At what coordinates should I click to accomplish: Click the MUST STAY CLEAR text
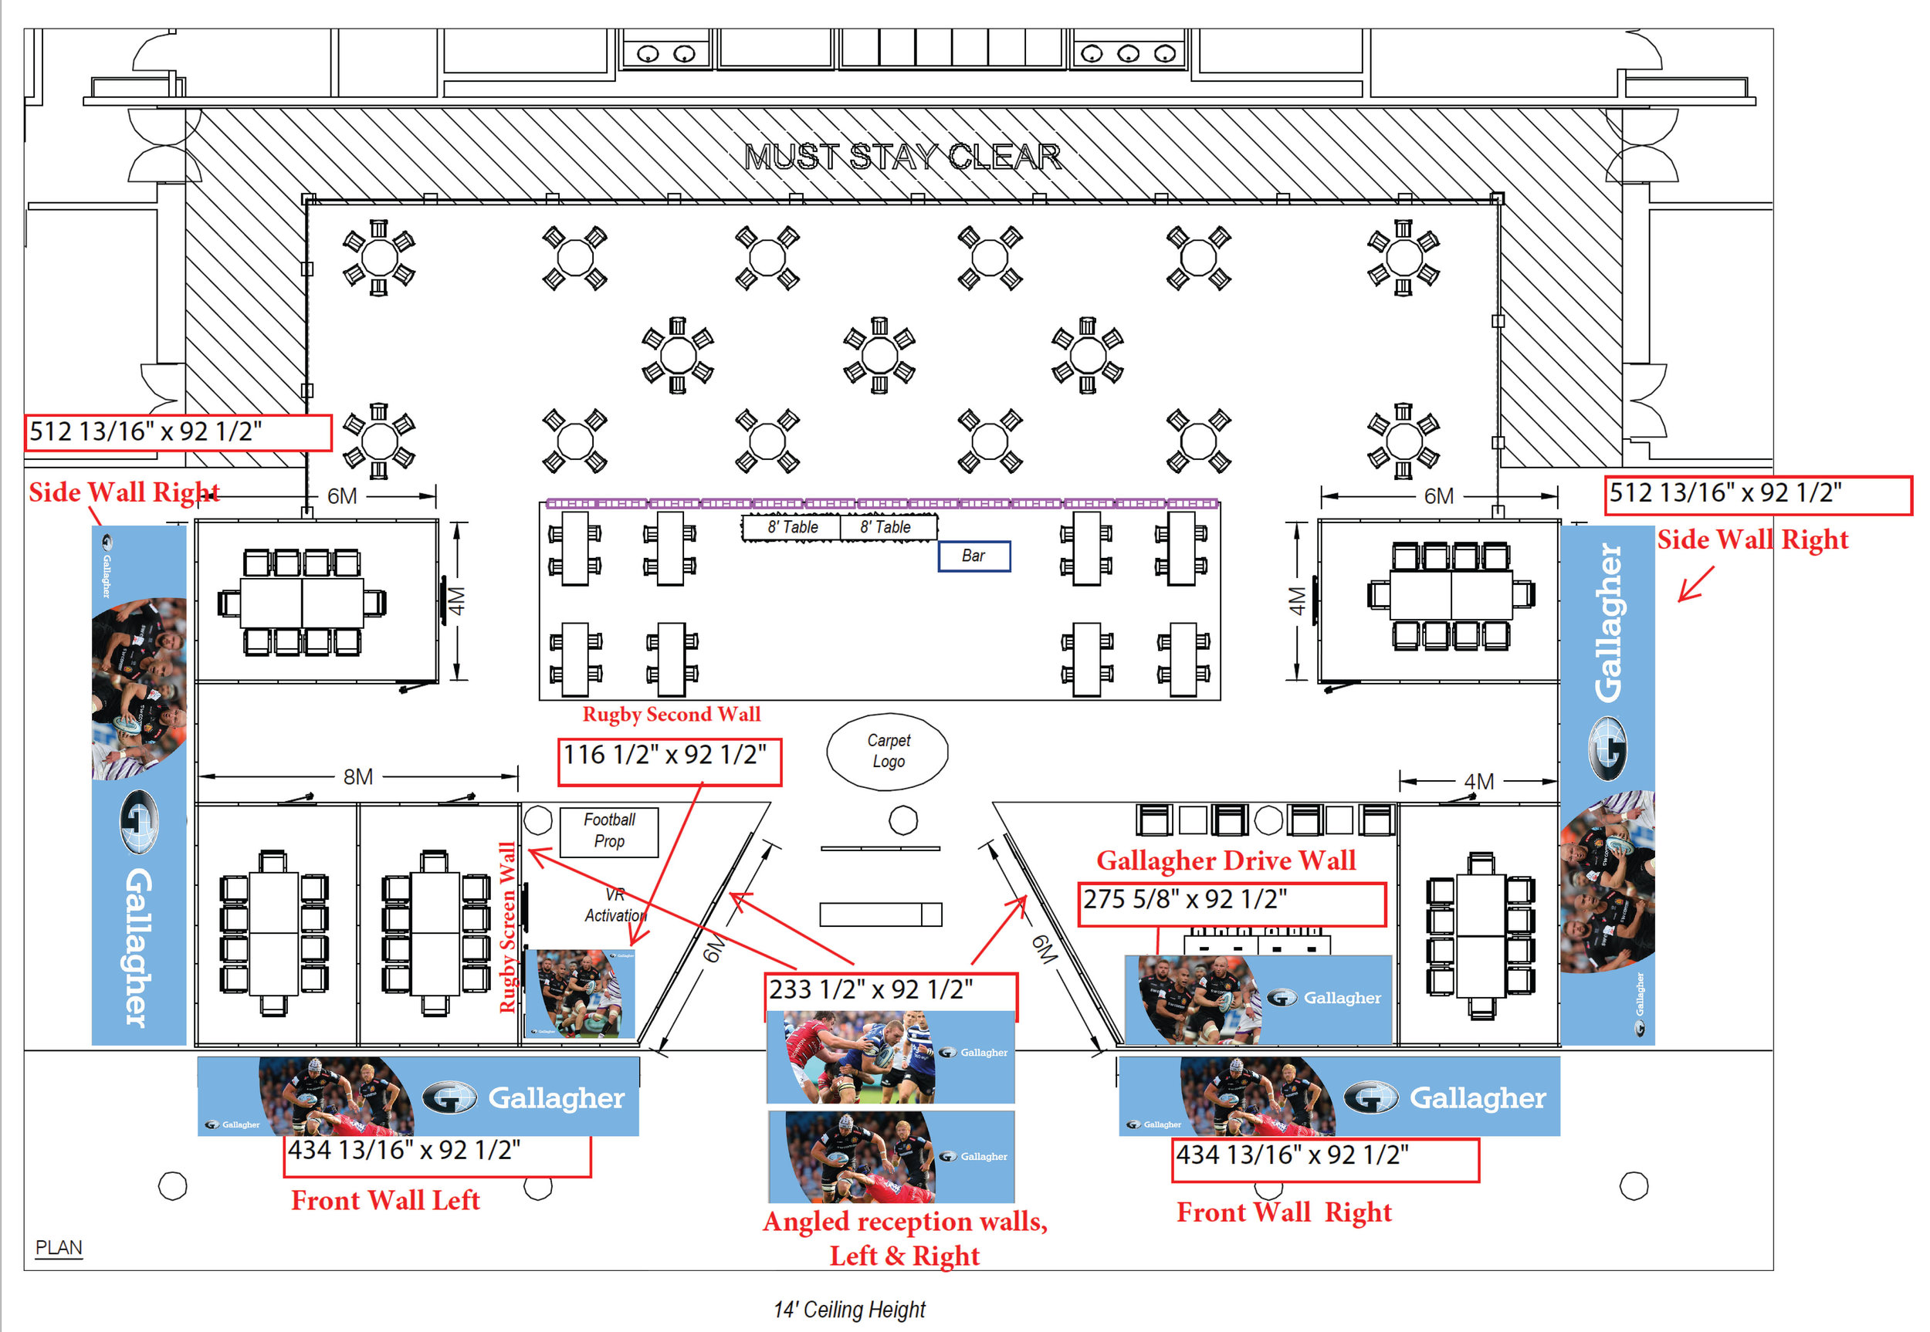(902, 157)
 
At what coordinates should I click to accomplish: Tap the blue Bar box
(973, 556)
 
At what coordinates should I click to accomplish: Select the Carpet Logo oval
(887, 751)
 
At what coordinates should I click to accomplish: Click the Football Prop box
(608, 831)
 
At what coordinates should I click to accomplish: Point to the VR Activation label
(615, 905)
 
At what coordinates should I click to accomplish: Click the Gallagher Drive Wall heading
(1225, 860)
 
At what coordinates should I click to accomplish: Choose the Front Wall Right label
(1284, 1212)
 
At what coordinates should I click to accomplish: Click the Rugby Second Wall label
(671, 715)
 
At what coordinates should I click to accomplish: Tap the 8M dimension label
(358, 777)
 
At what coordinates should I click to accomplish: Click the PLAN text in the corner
(59, 1248)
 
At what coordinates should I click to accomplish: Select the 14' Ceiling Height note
(849, 1310)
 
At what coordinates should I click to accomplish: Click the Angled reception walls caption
(905, 1239)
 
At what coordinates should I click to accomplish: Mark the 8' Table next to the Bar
(886, 527)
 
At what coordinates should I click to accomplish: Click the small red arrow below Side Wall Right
(1695, 584)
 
